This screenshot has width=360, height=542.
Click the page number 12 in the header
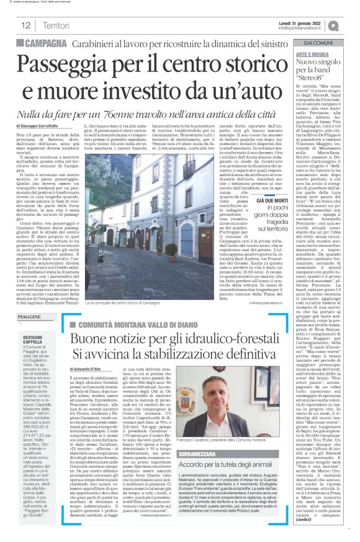coord(27,25)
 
